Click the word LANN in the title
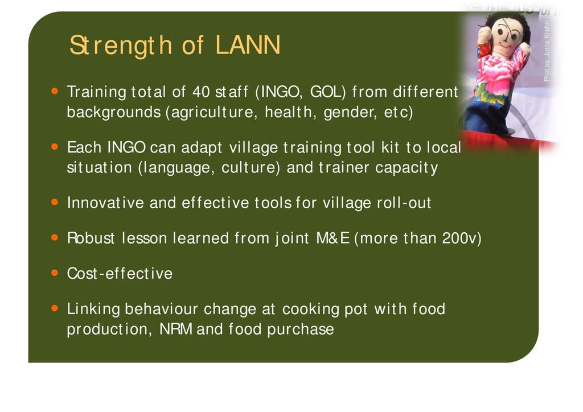pyautogui.click(x=248, y=45)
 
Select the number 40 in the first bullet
pyautogui.click(x=201, y=92)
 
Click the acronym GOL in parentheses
pyautogui.click(x=327, y=92)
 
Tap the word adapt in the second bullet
pyautogui.click(x=202, y=148)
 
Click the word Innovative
pyautogui.click(x=105, y=203)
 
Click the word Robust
pyautogui.click(x=91, y=238)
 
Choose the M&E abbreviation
pyautogui.click(x=332, y=238)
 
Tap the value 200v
pyautogui.click(x=459, y=238)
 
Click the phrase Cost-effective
pyautogui.click(x=120, y=274)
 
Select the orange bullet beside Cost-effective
pyautogui.click(x=55, y=273)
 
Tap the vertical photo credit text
pyautogui.click(x=547, y=51)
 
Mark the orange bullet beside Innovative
pyautogui.click(x=55, y=202)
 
